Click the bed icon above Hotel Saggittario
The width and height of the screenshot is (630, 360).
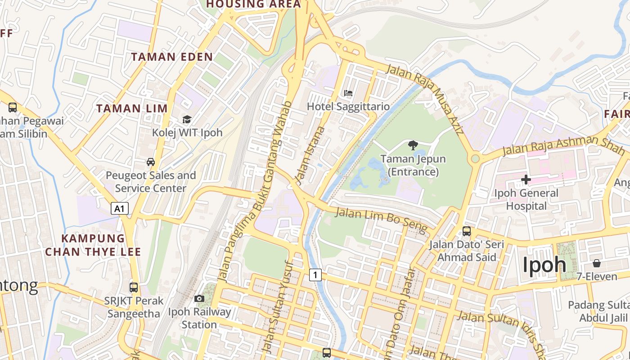click(x=348, y=94)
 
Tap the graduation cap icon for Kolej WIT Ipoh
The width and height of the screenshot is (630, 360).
click(x=187, y=119)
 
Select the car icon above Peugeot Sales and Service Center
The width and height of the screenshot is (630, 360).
click(x=151, y=162)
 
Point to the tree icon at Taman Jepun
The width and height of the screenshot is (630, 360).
click(x=413, y=145)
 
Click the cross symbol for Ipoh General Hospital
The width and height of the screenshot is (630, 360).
click(x=526, y=180)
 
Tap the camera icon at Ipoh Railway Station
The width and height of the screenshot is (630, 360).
click(x=199, y=298)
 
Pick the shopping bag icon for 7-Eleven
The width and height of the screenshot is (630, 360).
click(x=597, y=263)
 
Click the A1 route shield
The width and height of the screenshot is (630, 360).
click(x=119, y=208)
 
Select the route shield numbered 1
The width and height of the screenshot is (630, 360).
click(x=315, y=274)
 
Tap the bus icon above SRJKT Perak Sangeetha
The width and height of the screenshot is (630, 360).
click(x=134, y=287)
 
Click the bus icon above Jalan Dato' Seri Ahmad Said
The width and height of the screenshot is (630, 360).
click(x=467, y=232)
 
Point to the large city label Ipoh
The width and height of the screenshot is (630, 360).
click(x=544, y=265)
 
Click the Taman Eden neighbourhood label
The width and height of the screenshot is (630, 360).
click(x=172, y=57)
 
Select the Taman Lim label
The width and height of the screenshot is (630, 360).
click(x=132, y=108)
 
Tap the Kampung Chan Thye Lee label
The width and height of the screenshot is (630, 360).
click(x=93, y=245)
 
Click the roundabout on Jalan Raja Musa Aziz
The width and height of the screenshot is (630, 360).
click(x=475, y=159)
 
